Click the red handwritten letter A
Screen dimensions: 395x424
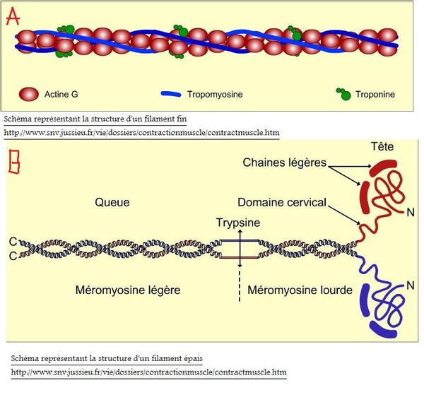pos(12,18)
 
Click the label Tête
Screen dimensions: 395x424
pos(382,146)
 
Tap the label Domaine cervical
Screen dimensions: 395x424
pos(282,202)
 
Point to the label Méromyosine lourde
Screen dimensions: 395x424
pos(300,290)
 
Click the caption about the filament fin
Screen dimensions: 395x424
pos(95,119)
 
